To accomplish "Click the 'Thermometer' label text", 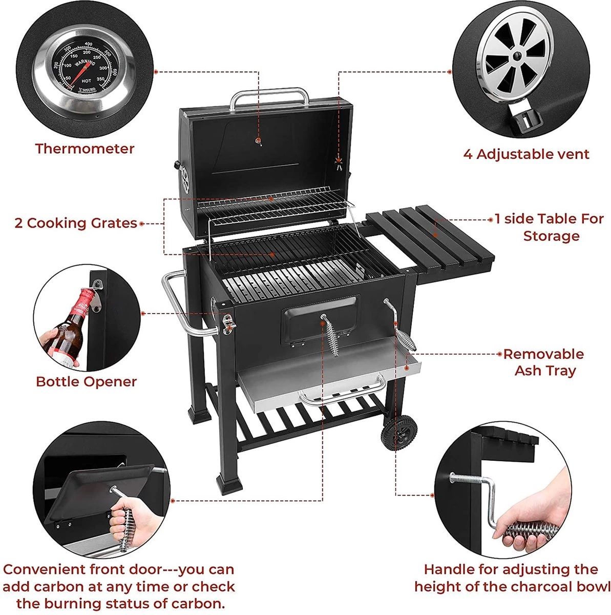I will (85, 149).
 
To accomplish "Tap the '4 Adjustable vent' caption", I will (526, 154).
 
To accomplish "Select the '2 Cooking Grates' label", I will (76, 223).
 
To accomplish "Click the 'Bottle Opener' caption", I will (86, 382).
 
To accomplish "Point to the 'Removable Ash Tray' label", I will (544, 362).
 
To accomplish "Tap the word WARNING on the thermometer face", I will (84, 65).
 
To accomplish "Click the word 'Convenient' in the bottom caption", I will (44, 569).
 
